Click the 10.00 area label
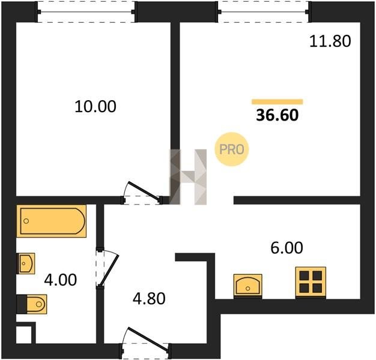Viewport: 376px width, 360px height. [x=96, y=107]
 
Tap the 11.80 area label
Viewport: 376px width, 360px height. [x=330, y=41]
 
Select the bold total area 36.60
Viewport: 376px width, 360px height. [x=277, y=115]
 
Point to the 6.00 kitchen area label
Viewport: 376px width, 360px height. [x=287, y=248]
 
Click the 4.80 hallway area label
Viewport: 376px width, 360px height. [x=149, y=299]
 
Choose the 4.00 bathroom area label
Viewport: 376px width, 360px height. [x=61, y=280]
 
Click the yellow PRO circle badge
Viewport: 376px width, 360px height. [x=232, y=149]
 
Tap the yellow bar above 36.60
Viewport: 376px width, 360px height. [x=277, y=102]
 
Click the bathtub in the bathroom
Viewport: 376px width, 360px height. [x=51, y=221]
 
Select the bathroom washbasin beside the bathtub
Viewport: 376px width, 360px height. [x=26, y=263]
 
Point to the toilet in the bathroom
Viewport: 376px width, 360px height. [x=32, y=304]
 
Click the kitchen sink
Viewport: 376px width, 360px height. [x=247, y=286]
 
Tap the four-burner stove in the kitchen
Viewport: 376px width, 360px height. [x=311, y=282]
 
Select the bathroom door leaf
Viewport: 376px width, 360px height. [x=109, y=270]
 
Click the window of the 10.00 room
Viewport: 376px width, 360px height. [x=86, y=12]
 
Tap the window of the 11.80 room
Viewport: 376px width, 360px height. [x=264, y=12]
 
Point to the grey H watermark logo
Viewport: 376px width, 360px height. [x=188, y=177]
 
